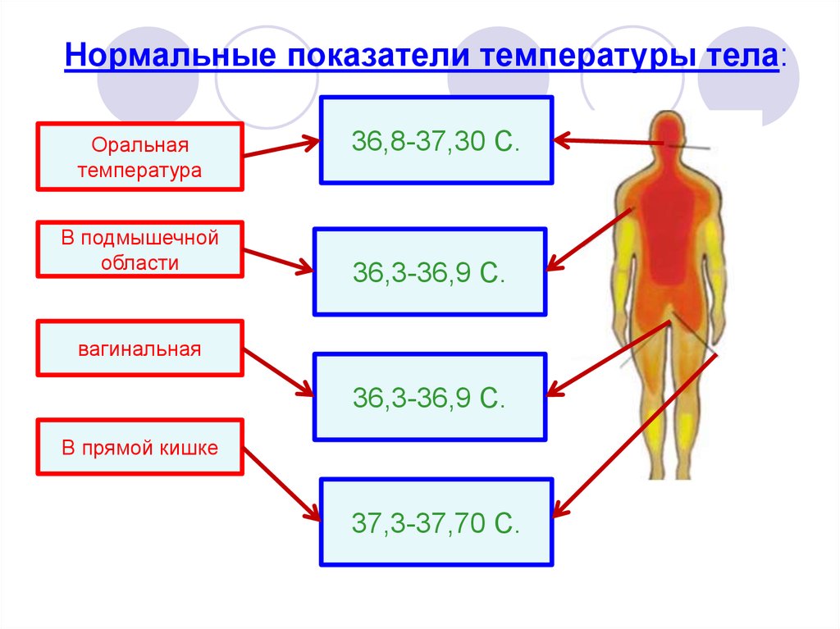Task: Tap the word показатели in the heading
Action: pos(378,55)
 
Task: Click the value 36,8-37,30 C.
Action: pos(436,141)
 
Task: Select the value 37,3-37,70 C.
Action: pos(436,523)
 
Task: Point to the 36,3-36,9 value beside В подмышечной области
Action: pos(429,272)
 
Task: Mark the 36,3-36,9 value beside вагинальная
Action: pos(429,398)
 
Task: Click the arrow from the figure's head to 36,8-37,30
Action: pos(608,142)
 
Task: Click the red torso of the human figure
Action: pos(669,230)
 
